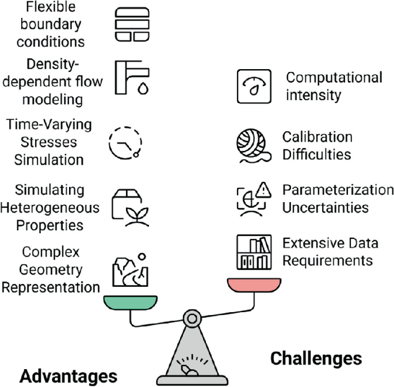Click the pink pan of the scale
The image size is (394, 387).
(254, 285)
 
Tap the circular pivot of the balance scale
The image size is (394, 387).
(192, 319)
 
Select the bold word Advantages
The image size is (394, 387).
(68, 376)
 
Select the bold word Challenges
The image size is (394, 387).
(316, 359)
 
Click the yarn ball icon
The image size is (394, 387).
(253, 146)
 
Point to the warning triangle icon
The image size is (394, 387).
(263, 189)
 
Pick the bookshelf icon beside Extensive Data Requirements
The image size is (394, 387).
(254, 252)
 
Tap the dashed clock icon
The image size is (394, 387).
(125, 143)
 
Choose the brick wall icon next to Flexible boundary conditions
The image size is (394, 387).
(132, 24)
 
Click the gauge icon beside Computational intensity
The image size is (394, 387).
(254, 86)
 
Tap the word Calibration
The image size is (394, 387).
(317, 137)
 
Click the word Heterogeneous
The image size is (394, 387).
(49, 208)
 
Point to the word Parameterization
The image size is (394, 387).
(338, 190)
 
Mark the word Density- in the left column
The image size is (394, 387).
(53, 64)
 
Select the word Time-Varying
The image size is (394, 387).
(49, 125)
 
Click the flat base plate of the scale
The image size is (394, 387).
(192, 381)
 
